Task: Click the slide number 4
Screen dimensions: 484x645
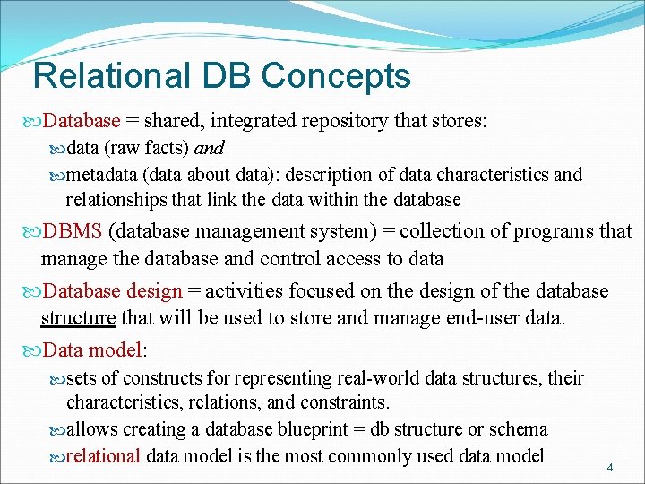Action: coord(609,467)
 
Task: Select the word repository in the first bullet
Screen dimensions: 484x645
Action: coord(346,121)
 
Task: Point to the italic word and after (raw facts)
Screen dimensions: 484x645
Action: coord(209,148)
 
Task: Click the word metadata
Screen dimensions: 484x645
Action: coord(103,175)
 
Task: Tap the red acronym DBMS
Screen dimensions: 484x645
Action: coord(73,231)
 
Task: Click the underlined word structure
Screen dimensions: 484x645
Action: coord(79,318)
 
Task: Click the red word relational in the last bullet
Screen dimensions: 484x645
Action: coord(103,456)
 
